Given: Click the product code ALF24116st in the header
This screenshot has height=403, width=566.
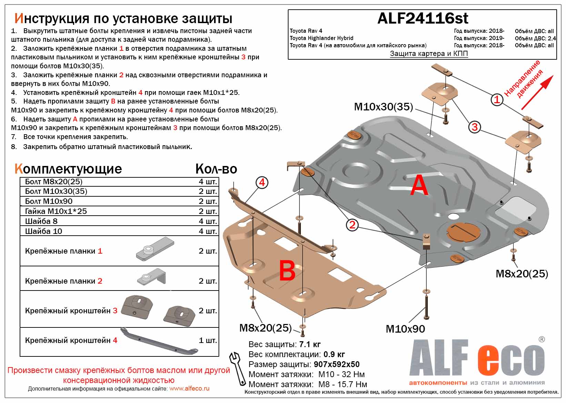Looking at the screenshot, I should (x=423, y=18).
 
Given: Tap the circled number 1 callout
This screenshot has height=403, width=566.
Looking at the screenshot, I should (x=497, y=100).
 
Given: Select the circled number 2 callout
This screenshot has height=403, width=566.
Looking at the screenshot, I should (x=352, y=225).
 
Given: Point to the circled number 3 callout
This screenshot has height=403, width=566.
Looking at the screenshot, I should (x=475, y=127).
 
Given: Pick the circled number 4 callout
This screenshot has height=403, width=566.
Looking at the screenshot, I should (x=262, y=182).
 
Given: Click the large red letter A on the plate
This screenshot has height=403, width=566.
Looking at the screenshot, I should (x=419, y=185).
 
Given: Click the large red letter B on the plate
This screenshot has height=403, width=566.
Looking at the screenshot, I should (x=287, y=271).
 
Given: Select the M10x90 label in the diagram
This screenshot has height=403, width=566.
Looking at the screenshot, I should (x=405, y=329).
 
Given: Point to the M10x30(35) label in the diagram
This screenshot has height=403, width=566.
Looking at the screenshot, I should (x=383, y=107).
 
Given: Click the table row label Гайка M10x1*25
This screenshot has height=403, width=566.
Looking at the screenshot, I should (x=56, y=211).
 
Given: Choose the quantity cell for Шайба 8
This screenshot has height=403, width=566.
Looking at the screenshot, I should (x=208, y=221).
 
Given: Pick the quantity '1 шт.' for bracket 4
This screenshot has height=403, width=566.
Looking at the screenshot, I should (x=208, y=341).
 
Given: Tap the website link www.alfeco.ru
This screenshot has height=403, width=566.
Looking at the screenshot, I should (x=189, y=389).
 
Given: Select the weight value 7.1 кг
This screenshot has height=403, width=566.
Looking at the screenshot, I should (x=310, y=344).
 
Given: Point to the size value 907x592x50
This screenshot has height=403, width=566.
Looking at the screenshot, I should (x=336, y=364).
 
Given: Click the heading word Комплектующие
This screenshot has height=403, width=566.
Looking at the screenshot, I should (x=68, y=169).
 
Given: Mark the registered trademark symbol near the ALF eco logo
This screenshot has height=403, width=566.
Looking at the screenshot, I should (x=542, y=339).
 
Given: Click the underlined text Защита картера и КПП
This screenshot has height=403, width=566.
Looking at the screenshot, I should (x=428, y=53).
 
